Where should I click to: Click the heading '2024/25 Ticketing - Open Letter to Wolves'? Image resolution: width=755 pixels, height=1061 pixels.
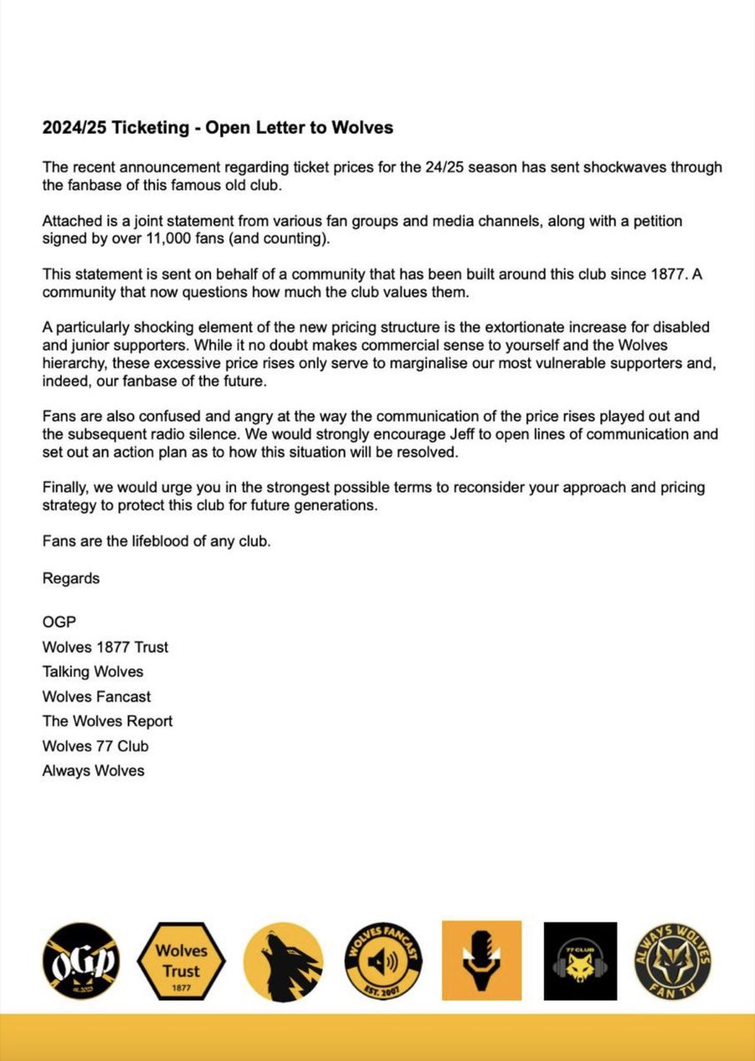[x=217, y=128]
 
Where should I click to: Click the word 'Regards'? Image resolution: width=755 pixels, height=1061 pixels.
[x=71, y=579]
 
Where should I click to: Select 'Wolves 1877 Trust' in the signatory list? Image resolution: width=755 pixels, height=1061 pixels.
[x=105, y=647]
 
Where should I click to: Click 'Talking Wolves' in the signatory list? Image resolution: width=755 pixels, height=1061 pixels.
[x=93, y=672]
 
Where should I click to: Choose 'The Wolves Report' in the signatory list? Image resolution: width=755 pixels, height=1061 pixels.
[x=108, y=721]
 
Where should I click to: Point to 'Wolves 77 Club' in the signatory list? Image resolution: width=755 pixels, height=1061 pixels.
[x=95, y=745]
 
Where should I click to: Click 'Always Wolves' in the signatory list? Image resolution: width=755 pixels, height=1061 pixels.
[x=93, y=770]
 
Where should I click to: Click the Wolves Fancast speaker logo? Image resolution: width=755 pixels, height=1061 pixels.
[x=382, y=958]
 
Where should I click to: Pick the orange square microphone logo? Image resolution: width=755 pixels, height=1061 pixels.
[x=482, y=958]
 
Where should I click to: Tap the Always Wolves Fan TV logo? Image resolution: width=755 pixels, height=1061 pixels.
[x=674, y=958]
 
